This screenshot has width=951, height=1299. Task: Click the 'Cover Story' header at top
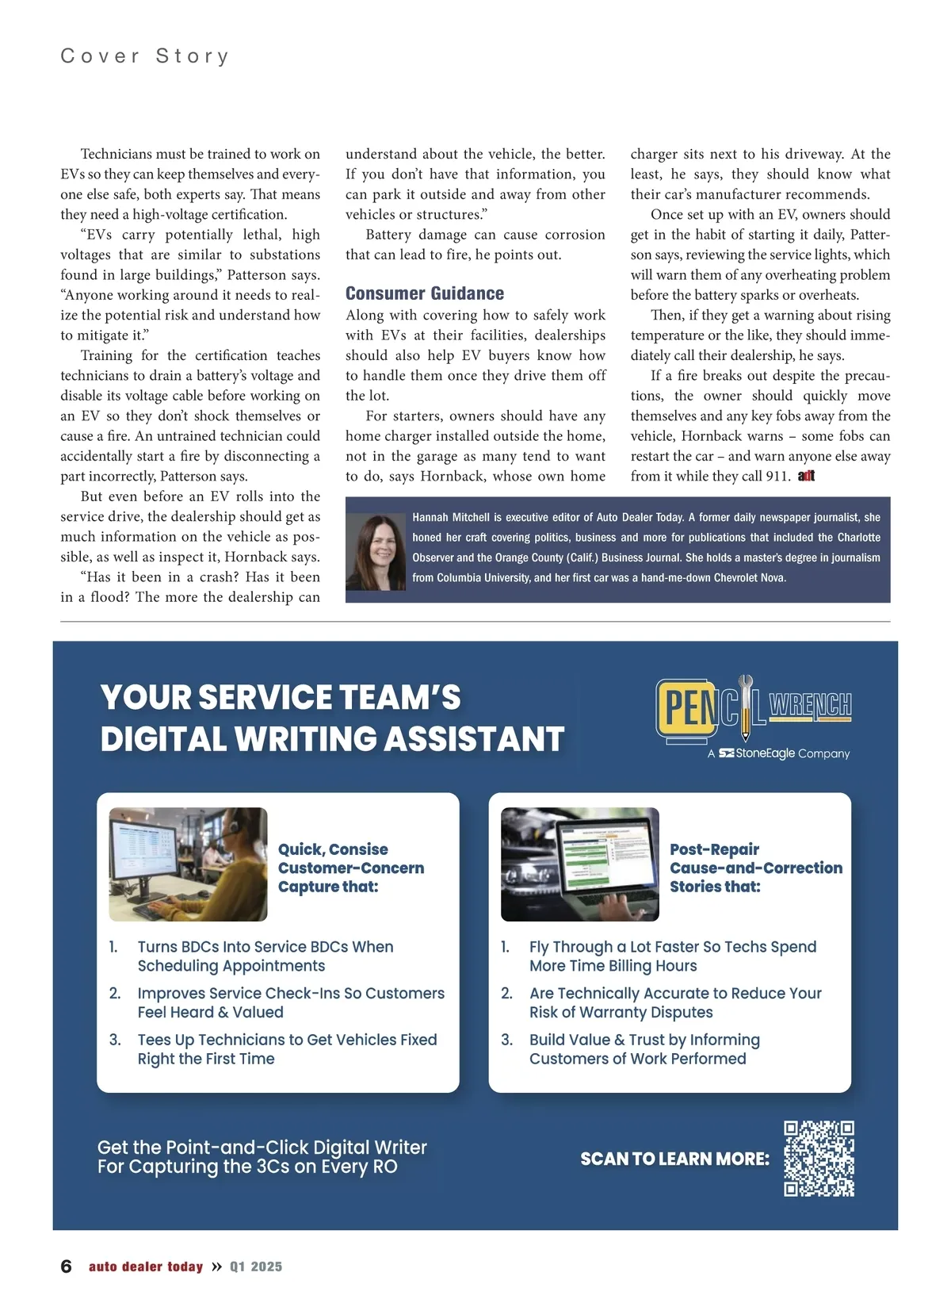coord(145,56)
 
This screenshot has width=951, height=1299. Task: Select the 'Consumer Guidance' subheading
coord(425,293)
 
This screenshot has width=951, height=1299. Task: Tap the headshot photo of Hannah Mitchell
coord(376,551)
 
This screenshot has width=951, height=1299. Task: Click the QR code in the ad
coord(819,1158)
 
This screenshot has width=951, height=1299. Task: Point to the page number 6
coord(67,1266)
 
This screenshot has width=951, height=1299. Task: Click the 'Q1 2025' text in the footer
coord(256,1266)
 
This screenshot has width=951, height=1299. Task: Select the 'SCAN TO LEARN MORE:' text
coord(674,1159)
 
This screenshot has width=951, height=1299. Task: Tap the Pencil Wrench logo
coord(753,707)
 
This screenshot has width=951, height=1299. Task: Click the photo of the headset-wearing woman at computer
coord(189,864)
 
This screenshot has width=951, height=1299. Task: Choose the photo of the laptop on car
coord(580,864)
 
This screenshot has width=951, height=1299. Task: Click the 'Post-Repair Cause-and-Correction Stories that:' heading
coord(755,868)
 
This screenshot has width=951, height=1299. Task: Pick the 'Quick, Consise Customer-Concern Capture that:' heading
coord(350,868)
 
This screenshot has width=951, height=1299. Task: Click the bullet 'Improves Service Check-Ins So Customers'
coord(291,993)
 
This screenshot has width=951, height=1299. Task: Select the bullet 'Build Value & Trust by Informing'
coord(644,1040)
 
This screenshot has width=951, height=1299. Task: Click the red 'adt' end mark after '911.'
coord(807,476)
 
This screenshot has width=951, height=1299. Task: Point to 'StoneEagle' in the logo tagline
coord(765,753)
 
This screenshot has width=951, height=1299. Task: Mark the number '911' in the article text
coord(777,476)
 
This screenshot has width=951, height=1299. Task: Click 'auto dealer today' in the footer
coord(146,1266)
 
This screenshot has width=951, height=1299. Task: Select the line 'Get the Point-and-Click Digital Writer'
coord(262,1148)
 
